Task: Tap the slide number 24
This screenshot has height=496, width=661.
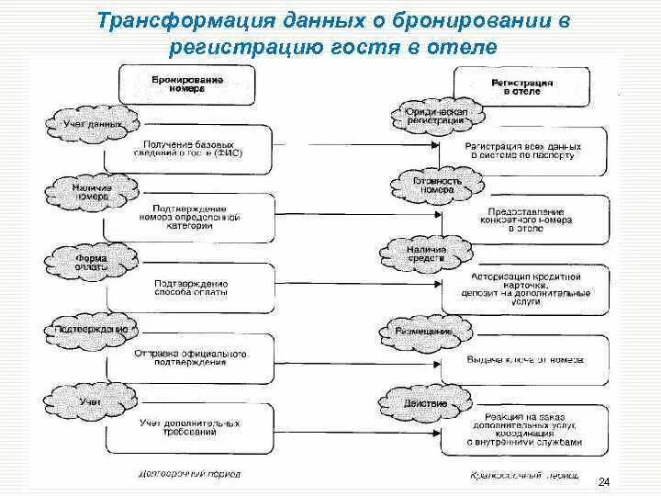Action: coord(603,482)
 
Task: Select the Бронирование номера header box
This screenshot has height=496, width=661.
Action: coord(187,85)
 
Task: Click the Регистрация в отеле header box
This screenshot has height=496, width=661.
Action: coord(522,87)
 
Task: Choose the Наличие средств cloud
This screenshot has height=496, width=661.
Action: coord(426,254)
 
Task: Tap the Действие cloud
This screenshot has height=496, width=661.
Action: coord(425,403)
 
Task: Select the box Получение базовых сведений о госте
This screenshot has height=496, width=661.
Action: coord(190,151)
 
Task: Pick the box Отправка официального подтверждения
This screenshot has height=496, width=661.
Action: coord(190,356)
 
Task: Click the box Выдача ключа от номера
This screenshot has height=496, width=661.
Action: coord(524,360)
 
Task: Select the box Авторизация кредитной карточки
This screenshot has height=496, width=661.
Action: coord(524,287)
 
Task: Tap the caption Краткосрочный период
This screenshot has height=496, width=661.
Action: coord(524,477)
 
